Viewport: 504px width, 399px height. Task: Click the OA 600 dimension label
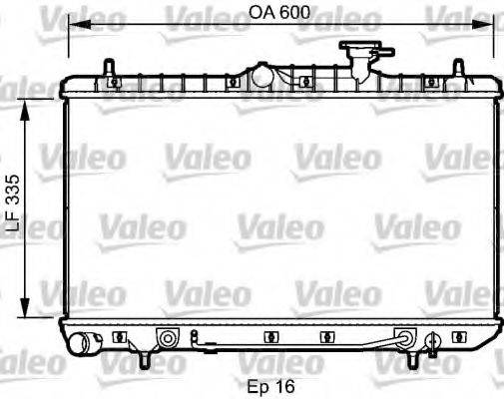[277, 13]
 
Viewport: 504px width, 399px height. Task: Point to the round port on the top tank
[262, 75]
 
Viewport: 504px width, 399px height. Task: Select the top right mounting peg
[458, 69]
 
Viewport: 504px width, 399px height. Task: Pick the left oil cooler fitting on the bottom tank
[169, 339]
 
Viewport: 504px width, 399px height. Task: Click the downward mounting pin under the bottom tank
[146, 357]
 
